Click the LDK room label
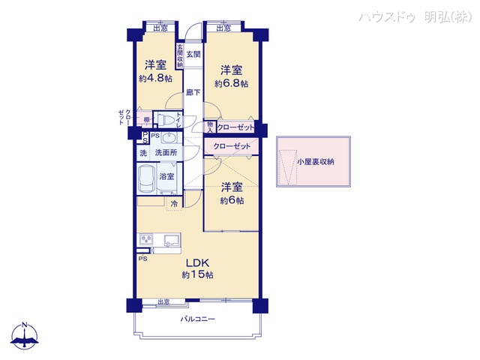[196, 262]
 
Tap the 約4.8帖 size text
[155, 78]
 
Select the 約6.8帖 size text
[231, 83]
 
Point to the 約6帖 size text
[231, 201]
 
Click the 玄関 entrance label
[193, 53]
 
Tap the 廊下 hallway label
[193, 92]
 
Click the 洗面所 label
[166, 153]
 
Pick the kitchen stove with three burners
[145, 240]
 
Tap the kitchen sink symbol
[170, 240]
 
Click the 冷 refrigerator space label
[174, 203]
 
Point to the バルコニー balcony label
[197, 319]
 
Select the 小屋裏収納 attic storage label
[315, 161]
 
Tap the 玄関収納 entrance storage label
[180, 56]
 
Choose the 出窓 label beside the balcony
[163, 302]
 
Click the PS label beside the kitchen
[142, 258]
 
